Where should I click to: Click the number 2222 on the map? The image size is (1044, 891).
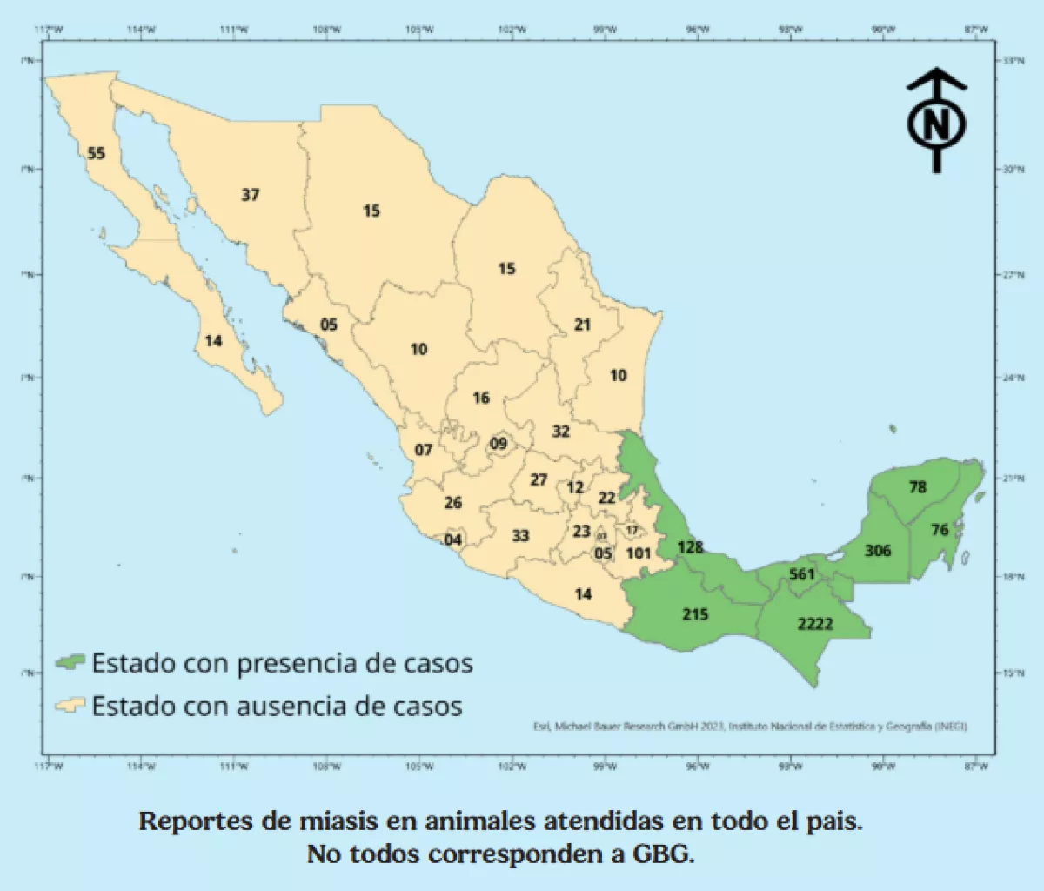click(814, 624)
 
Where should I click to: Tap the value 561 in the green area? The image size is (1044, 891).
click(801, 574)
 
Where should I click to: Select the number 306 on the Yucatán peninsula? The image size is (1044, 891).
click(878, 551)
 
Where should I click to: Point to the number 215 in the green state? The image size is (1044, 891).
click(695, 614)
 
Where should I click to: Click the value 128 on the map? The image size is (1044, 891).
click(690, 547)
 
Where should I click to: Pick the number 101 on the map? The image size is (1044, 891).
click(639, 553)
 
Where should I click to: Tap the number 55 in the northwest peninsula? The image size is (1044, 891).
click(96, 154)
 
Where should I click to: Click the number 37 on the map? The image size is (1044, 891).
click(251, 195)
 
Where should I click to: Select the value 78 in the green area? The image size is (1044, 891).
click(918, 487)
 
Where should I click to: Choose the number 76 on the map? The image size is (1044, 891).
click(940, 530)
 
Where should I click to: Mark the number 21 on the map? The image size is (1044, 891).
click(582, 325)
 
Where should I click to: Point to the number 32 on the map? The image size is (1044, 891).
click(560, 432)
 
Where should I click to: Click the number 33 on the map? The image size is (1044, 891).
click(520, 536)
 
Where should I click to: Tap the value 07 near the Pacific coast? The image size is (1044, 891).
click(423, 451)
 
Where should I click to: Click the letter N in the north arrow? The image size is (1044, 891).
click(936, 127)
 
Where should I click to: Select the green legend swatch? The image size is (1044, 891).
click(70, 663)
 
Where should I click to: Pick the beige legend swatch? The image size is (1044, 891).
click(70, 705)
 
